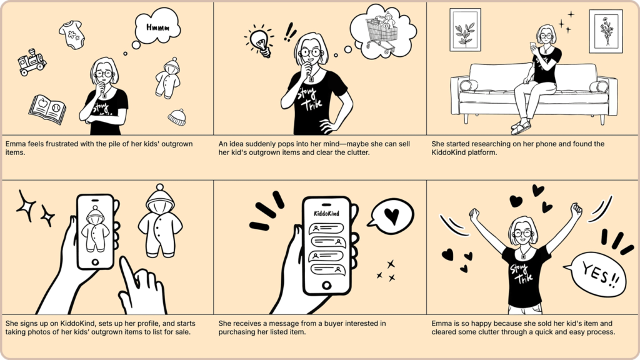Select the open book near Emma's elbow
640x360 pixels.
[47, 109]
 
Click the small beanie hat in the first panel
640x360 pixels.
[177, 117]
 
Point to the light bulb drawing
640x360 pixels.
[259, 41]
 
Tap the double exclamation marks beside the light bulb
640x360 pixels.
[289, 31]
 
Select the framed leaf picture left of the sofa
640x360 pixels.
[465, 30]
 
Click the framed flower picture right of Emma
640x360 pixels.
[606, 31]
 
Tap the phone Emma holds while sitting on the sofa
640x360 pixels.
[533, 46]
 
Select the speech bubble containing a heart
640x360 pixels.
[390, 215]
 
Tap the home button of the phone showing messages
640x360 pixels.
[326, 285]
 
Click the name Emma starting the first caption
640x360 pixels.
[16, 144]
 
